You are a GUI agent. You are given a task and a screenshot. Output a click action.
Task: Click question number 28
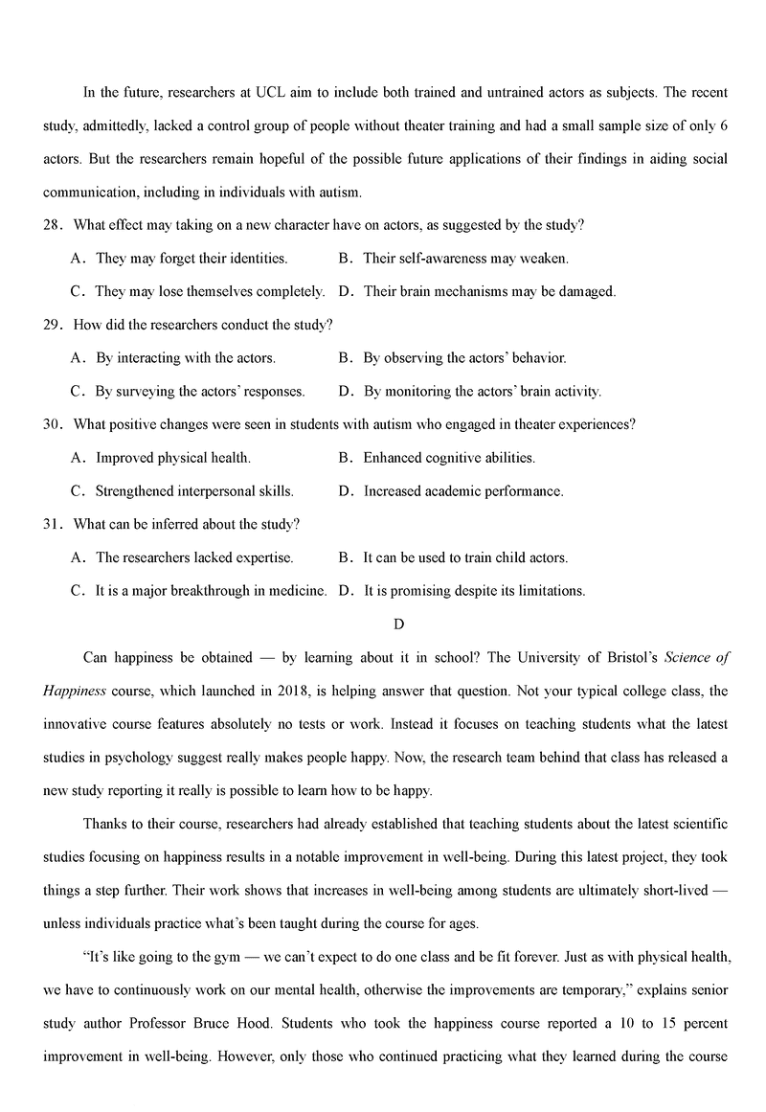point(52,225)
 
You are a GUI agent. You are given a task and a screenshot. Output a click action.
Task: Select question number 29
point(52,325)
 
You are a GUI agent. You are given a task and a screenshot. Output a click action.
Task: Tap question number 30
point(52,424)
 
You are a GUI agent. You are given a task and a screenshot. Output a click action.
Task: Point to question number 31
point(52,524)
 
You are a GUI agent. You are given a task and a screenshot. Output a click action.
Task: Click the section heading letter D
point(399,624)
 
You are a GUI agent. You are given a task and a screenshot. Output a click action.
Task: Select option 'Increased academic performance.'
point(463,491)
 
